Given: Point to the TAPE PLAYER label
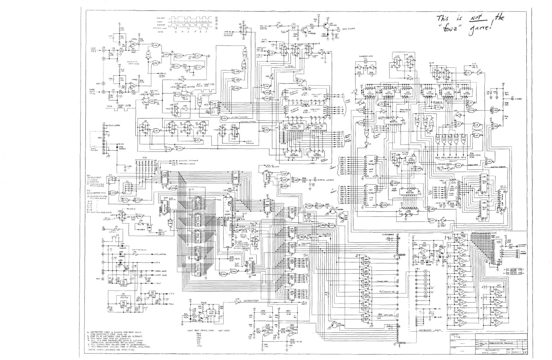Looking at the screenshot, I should click(x=348, y=29).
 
